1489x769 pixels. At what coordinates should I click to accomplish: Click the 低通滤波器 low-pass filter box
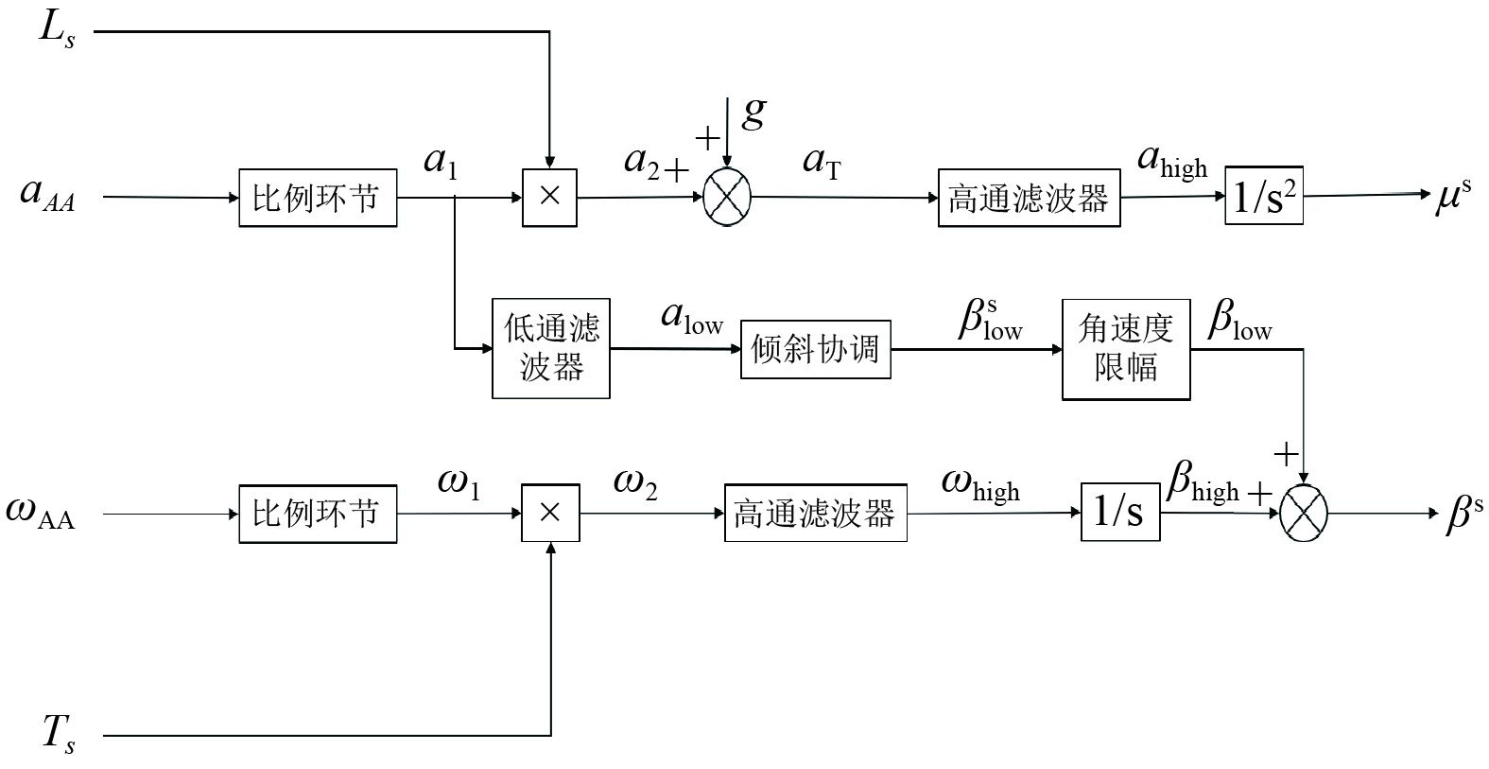coord(551,349)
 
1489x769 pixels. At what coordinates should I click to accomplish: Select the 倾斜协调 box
coord(815,350)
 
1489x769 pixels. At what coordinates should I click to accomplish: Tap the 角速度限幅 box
coord(1126,349)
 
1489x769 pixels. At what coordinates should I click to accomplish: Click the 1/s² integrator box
coord(1263,197)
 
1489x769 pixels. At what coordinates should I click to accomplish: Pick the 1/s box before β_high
coord(1120,513)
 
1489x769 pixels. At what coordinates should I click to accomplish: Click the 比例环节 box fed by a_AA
coord(317,198)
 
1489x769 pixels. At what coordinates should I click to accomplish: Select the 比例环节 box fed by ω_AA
coord(317,514)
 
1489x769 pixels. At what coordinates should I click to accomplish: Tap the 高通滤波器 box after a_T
coord(1029,199)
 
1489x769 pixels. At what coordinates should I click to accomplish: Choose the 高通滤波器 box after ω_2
coord(815,514)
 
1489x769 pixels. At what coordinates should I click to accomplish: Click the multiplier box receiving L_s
coord(549,198)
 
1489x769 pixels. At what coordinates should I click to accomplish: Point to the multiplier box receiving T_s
coord(550,514)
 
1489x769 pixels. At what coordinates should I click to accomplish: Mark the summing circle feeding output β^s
coord(1303,514)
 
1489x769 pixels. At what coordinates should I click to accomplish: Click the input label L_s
coord(56,30)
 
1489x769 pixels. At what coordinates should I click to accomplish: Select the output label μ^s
coord(1452,196)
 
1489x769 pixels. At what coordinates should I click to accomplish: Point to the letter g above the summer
coord(753,114)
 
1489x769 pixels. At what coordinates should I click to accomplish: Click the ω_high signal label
coord(980,486)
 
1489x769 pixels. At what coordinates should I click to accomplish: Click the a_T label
coord(821,163)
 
